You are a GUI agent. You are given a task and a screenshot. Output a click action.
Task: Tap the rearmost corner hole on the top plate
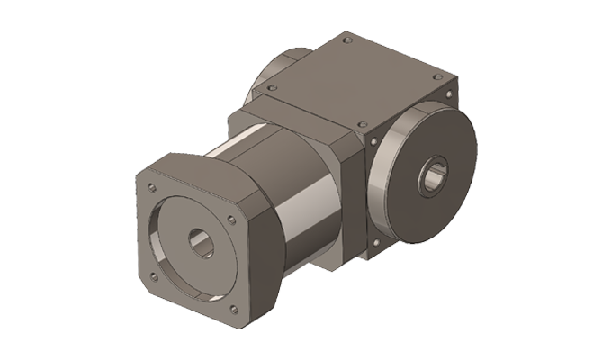pyautogui.click(x=347, y=40)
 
